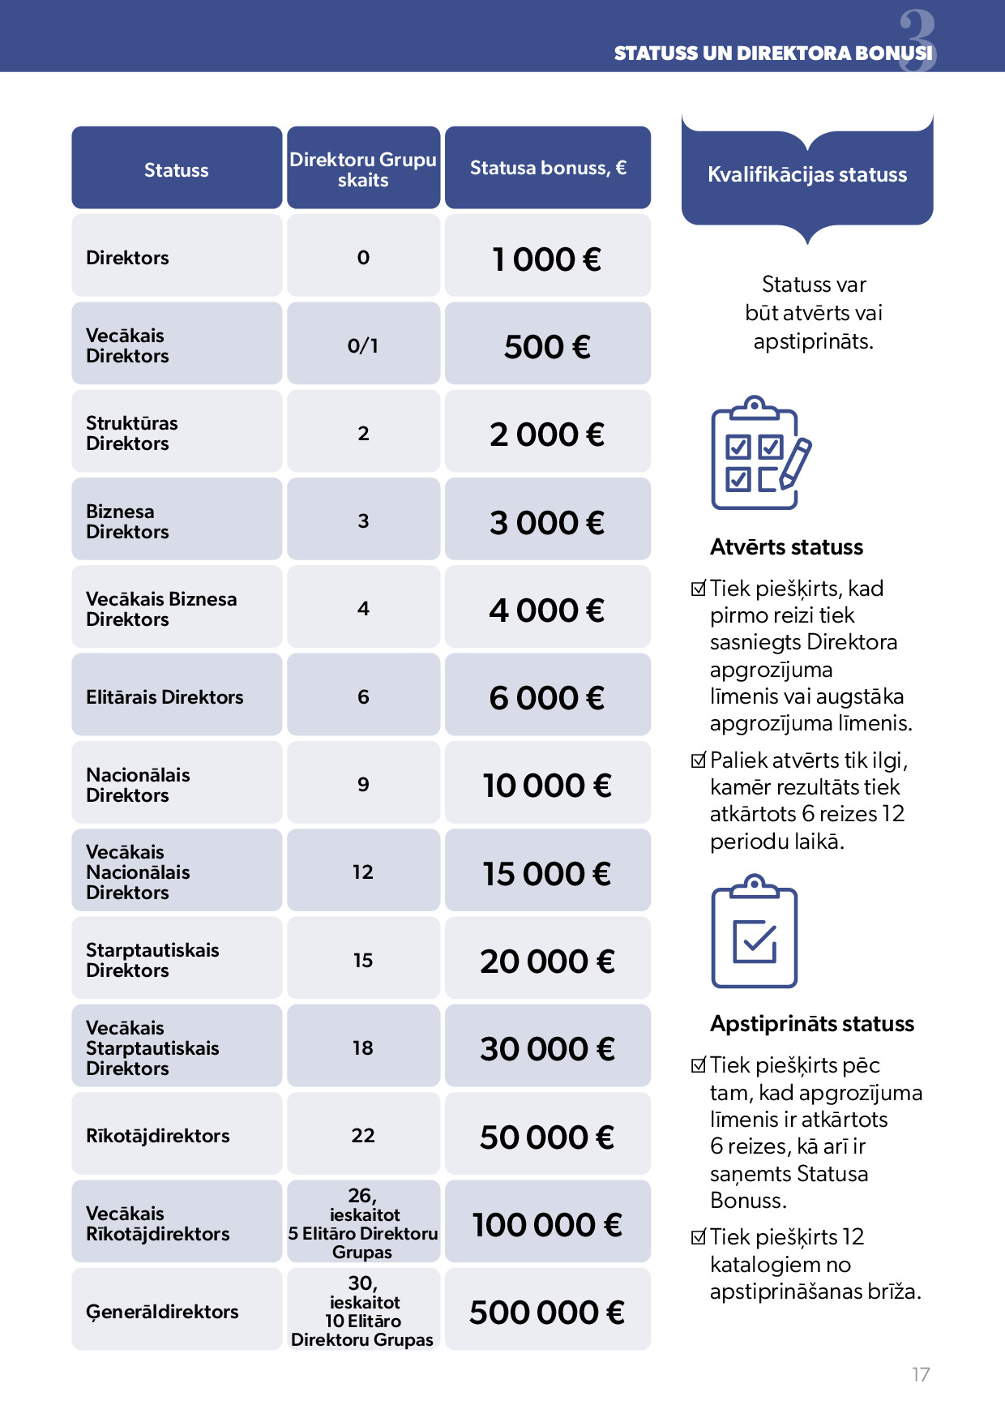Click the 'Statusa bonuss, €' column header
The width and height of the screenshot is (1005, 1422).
(548, 168)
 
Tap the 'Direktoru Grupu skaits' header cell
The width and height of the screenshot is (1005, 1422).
(363, 169)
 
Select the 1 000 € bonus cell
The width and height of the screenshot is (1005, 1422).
(547, 259)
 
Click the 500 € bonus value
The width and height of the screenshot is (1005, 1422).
(547, 347)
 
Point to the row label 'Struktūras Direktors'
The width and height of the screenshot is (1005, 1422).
(131, 433)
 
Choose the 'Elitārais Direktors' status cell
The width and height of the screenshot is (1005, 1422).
(165, 697)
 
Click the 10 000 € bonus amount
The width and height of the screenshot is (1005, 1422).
(547, 786)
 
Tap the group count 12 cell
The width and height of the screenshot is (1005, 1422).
(363, 872)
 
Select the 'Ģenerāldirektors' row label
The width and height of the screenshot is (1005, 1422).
(162, 1312)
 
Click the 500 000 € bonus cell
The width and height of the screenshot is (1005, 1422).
(547, 1313)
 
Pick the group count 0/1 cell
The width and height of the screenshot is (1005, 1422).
(363, 346)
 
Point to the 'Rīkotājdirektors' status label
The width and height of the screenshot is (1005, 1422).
(158, 1136)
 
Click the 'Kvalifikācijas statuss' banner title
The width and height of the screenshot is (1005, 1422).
(807, 174)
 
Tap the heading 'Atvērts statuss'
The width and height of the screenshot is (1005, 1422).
(786, 547)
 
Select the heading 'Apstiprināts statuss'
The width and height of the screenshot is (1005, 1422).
(811, 1024)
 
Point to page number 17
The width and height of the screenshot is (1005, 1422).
(921, 1375)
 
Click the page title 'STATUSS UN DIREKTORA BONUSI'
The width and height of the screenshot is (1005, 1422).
(772, 54)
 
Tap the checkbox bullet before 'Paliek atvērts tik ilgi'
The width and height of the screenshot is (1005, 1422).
(699, 760)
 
